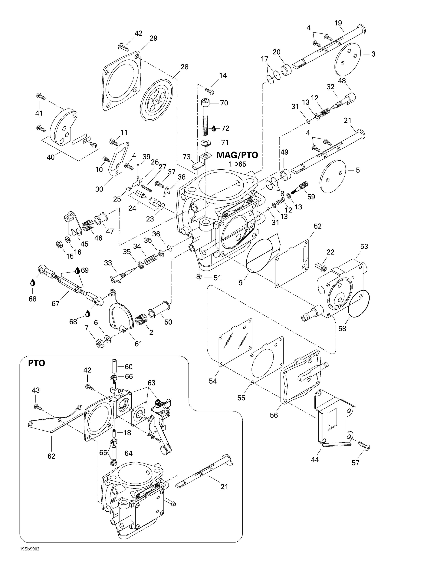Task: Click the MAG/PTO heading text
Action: pyautogui.click(x=237, y=155)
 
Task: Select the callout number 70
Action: pyautogui.click(x=224, y=103)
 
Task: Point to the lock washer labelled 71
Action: pyautogui.click(x=206, y=142)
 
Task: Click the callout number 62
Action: pyautogui.click(x=51, y=456)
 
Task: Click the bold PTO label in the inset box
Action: pyautogui.click(x=37, y=363)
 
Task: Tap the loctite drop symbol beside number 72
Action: pyautogui.click(x=214, y=128)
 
